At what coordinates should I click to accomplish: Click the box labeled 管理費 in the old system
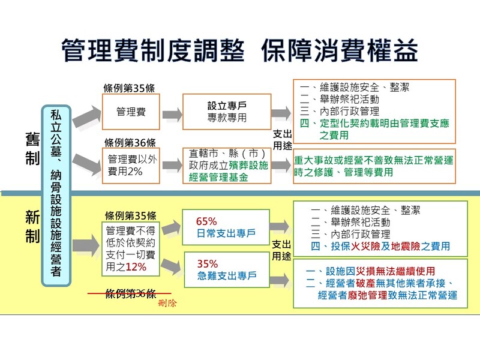(x=131, y=112)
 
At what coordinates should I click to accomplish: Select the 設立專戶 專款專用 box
(x=227, y=112)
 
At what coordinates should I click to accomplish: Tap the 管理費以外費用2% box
(x=131, y=166)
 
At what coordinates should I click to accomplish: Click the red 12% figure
(x=136, y=267)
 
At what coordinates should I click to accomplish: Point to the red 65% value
(x=206, y=221)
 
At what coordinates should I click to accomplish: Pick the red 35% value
(x=207, y=263)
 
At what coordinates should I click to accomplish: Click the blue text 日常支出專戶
(x=226, y=233)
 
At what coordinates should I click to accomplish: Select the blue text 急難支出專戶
(x=227, y=275)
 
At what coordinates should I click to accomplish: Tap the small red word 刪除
(x=167, y=303)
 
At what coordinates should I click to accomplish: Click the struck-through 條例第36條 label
(x=130, y=293)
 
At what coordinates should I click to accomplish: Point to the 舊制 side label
(x=32, y=148)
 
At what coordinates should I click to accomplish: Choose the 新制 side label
(x=32, y=227)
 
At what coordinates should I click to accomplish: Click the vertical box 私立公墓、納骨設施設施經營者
(x=56, y=196)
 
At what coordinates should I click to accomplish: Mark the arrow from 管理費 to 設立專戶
(x=172, y=115)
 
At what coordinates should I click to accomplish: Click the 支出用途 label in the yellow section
(x=281, y=250)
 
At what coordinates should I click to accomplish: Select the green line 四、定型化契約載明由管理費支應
(x=374, y=123)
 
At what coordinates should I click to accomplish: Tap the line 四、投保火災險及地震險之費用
(x=380, y=246)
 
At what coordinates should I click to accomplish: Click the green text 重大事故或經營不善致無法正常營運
(x=373, y=160)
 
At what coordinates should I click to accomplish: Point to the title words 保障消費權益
(x=339, y=50)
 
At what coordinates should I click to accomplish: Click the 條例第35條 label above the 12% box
(x=130, y=215)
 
